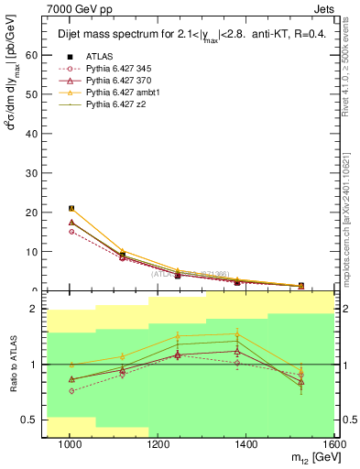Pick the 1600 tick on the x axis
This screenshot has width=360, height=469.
333,445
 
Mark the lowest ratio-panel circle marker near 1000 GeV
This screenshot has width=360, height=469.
71,391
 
